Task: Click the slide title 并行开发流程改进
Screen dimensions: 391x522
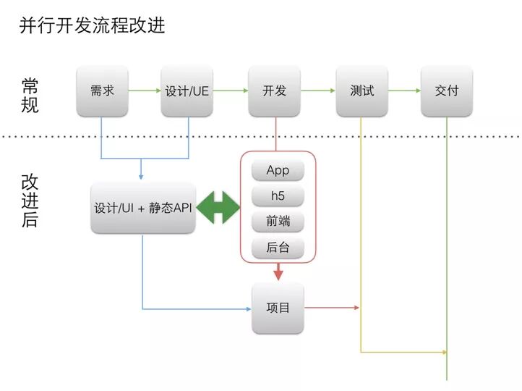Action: [x=93, y=26]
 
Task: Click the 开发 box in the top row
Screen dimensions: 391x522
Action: [x=275, y=91]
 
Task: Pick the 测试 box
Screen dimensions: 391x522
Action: [x=361, y=91]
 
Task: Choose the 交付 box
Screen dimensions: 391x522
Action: [x=447, y=91]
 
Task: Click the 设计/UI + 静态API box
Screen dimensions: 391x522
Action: [x=142, y=208]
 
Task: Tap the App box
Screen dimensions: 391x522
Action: [x=278, y=171]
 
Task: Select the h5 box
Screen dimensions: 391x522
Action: [x=278, y=196]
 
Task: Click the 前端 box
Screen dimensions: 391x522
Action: [x=278, y=222]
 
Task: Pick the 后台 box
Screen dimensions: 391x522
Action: [x=278, y=248]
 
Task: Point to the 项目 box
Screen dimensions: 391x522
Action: [x=278, y=308]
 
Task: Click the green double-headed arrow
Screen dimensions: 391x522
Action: [x=218, y=208]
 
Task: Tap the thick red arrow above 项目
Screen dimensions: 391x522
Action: [x=278, y=272]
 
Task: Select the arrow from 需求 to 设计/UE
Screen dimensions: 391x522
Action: [x=145, y=91]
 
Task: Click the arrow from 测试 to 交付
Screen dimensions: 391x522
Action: [x=404, y=91]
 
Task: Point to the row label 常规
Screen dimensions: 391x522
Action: [x=30, y=95]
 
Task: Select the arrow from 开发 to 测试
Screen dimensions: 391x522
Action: [x=318, y=91]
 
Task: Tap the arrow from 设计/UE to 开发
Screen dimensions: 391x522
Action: [x=231, y=91]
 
